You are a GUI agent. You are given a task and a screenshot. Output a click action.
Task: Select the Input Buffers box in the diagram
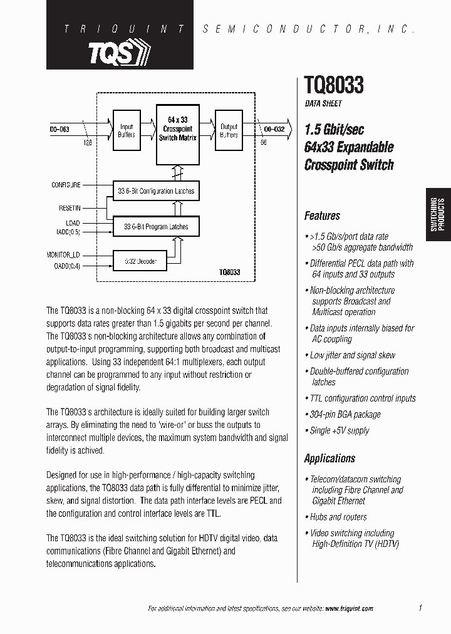[x=127, y=131]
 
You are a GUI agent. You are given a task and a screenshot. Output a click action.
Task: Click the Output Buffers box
[x=229, y=131]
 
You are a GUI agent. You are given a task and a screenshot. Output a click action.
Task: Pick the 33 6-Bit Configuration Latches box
[x=156, y=191]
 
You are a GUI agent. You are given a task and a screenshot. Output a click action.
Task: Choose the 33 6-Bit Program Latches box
[x=156, y=227]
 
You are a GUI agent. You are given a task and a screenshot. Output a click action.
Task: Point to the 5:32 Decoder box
[x=140, y=261]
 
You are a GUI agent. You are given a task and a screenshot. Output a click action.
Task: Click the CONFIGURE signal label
[x=66, y=185]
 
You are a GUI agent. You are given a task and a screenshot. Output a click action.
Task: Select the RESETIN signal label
[x=70, y=207]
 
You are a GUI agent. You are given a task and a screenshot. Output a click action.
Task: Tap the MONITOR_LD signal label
[x=63, y=255]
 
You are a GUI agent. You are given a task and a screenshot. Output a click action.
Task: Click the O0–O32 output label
[x=274, y=129]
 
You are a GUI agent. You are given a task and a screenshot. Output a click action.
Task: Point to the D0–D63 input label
[x=60, y=129]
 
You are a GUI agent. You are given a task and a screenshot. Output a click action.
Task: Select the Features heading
[x=322, y=216]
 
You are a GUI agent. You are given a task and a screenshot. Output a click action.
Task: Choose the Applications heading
[x=329, y=459]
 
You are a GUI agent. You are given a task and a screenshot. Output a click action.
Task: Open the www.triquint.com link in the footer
[x=345, y=608]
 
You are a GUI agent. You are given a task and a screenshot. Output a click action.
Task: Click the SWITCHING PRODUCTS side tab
[x=438, y=215]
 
